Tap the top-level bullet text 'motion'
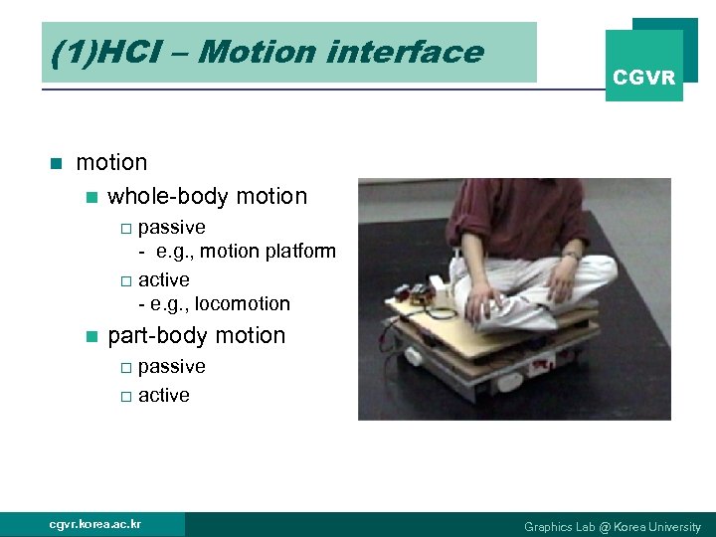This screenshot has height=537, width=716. point(111,162)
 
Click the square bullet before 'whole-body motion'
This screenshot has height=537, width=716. point(92,197)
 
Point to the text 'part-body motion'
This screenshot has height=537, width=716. point(196,336)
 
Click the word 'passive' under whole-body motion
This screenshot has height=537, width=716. point(172,228)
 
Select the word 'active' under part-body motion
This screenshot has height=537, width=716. point(164,395)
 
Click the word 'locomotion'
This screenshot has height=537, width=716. point(242,303)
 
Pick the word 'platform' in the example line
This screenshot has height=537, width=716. point(300,252)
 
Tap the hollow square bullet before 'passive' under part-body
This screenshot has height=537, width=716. point(125,368)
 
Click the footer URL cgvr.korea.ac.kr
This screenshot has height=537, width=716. point(95,524)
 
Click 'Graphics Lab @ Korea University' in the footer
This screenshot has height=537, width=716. point(612,526)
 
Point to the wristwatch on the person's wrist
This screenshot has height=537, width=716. point(573,256)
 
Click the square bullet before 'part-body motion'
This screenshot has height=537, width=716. point(92,336)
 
